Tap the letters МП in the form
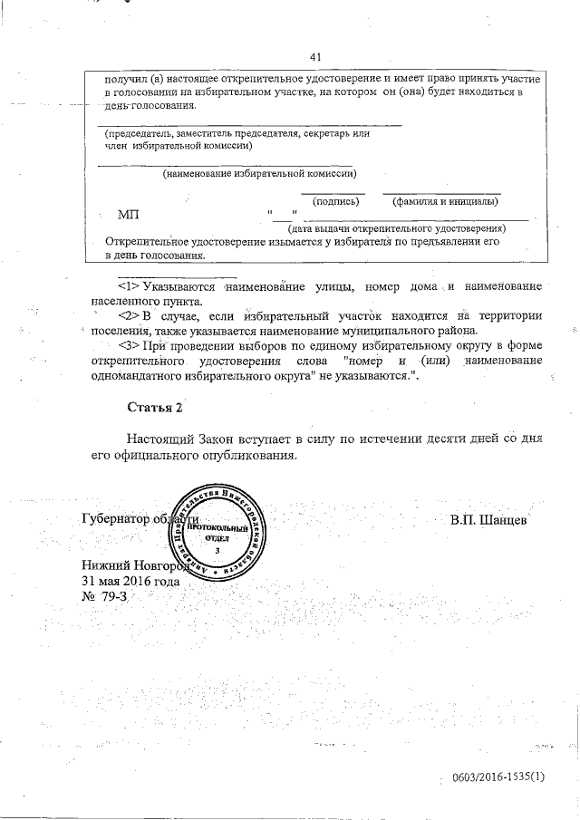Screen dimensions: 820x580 129,216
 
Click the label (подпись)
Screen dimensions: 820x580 335,201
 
